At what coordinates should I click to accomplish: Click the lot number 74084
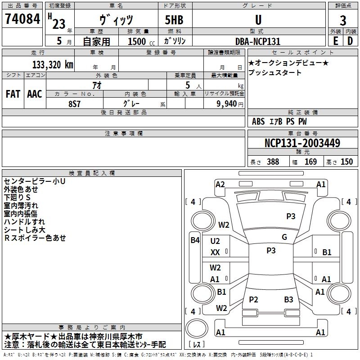pyautogui.click(x=22, y=19)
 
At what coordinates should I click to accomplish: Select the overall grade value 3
pyautogui.click(x=343, y=21)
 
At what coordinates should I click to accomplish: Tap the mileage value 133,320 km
pyautogui.click(x=53, y=65)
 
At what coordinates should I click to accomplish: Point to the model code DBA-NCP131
pyautogui.click(x=258, y=41)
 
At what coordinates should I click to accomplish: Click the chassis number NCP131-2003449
pyautogui.click(x=302, y=143)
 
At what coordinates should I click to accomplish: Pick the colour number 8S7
pyautogui.click(x=74, y=104)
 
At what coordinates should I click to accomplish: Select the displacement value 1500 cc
pyautogui.click(x=141, y=41)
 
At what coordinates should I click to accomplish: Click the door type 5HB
pyautogui.click(x=174, y=20)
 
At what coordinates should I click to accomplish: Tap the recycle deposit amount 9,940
pyautogui.click(x=227, y=104)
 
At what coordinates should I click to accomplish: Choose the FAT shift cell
pyautogui.click(x=13, y=94)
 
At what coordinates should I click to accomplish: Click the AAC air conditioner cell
pyautogui.click(x=35, y=94)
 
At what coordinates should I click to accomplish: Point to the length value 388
pyautogui.click(x=273, y=162)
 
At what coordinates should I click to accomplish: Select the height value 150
pyautogui.click(x=346, y=162)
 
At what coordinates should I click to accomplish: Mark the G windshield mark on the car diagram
pyautogui.click(x=284, y=237)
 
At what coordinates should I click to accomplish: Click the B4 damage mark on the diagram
pyautogui.click(x=195, y=240)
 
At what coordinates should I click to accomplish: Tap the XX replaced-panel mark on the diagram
pyautogui.click(x=215, y=252)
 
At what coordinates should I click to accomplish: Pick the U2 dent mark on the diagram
pyautogui.click(x=215, y=241)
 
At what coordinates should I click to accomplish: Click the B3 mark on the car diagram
pyautogui.click(x=288, y=299)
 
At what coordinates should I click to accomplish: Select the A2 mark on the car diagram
pyautogui.click(x=220, y=184)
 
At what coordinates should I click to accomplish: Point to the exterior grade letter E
pyautogui.click(x=336, y=41)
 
